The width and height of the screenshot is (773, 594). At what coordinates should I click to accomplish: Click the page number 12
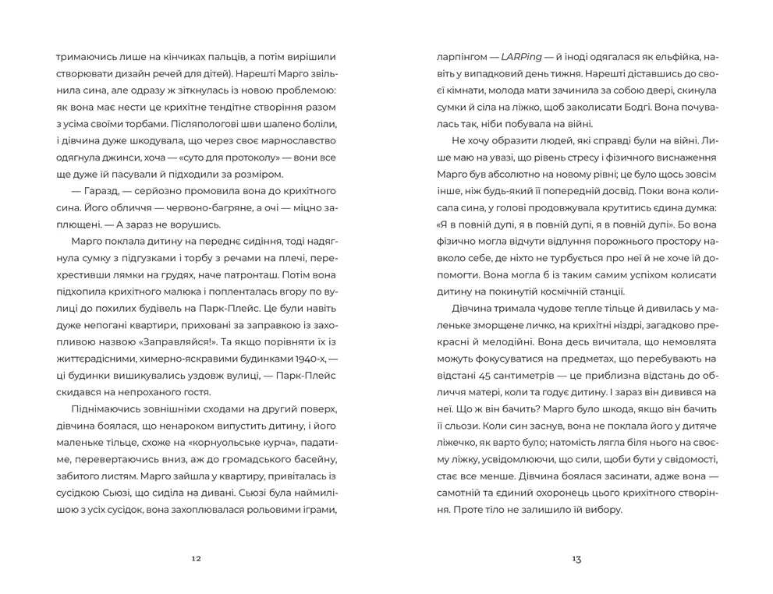coord(196,558)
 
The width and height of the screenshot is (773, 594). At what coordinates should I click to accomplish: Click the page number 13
coord(576,558)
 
